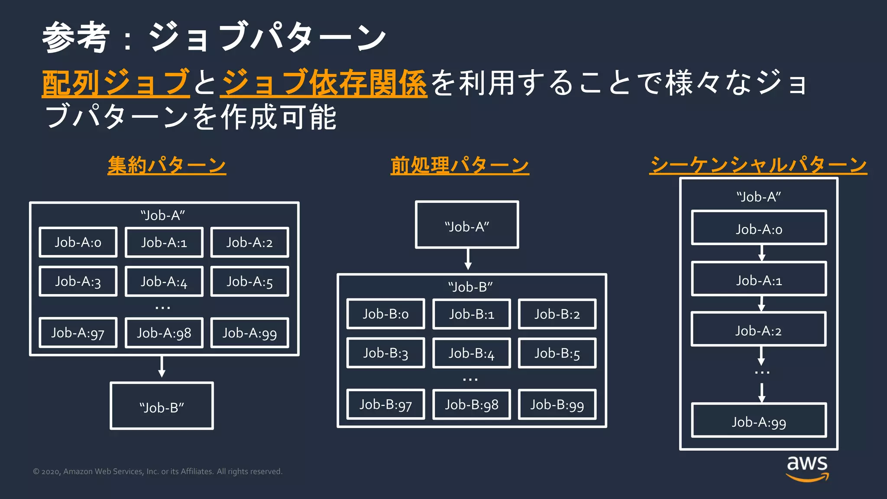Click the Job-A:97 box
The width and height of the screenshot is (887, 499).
coord(78,333)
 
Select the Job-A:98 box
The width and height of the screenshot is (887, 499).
coord(164,333)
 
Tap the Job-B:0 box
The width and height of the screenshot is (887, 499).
coord(385,314)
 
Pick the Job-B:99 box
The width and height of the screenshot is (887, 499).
coord(557,405)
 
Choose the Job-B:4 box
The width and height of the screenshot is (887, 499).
coord(471,353)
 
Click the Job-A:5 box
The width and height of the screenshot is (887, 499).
coord(249,282)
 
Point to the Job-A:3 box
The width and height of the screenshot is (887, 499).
coord(78,282)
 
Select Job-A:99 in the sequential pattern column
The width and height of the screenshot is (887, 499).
coord(759,421)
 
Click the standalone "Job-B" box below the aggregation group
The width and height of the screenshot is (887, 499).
coord(162,406)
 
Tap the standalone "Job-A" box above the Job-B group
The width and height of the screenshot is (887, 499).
coord(467,225)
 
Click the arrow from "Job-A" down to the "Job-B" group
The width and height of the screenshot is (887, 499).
coord(468,260)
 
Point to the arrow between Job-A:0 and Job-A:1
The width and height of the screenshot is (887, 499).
coord(762,253)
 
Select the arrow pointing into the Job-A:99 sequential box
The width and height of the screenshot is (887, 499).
coord(762,393)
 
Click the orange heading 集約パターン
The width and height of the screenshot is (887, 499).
coord(167,165)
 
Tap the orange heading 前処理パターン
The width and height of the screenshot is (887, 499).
coord(460,165)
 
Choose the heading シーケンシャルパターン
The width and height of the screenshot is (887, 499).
coord(758,165)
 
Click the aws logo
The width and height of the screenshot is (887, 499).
coord(807,468)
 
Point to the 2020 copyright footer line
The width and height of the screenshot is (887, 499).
coord(158,471)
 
